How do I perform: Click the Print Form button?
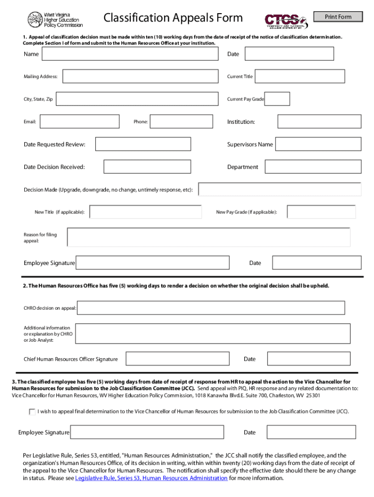pyautogui.click(x=338, y=17)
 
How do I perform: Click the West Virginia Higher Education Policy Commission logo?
pyautogui.click(x=55, y=19)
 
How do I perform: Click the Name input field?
pyautogui.click(x=130, y=54)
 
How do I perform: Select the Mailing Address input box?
pyautogui.click(x=140, y=77)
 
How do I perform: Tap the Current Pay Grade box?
pyautogui.click(x=277, y=99)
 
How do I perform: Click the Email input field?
pyautogui.click(x=81, y=122)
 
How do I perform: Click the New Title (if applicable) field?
pyautogui.click(x=146, y=212)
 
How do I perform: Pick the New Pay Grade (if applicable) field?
pyautogui.click(x=321, y=212)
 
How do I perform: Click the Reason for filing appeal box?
pyautogui.click(x=208, y=237)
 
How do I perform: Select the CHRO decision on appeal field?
pyautogui.click(x=211, y=308)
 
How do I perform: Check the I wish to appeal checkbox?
pyautogui.click(x=32, y=412)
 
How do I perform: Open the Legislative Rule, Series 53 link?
pyautogui.click(x=151, y=478)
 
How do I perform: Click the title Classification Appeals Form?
pyautogui.click(x=173, y=18)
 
